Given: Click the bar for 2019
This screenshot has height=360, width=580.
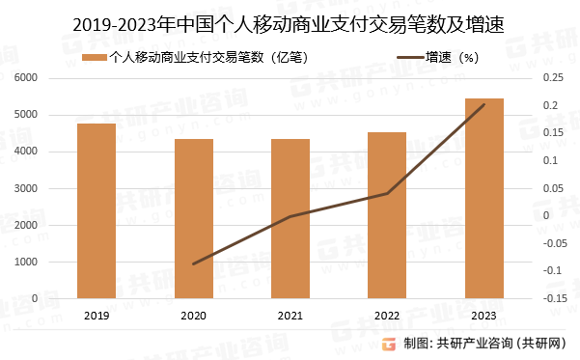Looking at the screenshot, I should point(97,211).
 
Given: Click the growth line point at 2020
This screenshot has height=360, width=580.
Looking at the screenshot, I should point(193,263).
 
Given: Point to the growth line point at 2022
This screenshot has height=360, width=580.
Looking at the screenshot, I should point(387,193).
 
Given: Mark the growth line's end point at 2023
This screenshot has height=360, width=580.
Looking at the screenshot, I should point(483,104).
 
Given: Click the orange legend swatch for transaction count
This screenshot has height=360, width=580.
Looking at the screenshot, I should point(95,57).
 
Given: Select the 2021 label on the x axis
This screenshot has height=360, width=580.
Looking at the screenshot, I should point(290,316).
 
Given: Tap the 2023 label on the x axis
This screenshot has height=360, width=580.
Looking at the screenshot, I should point(483,316).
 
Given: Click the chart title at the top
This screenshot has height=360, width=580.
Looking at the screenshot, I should point(290,20).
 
